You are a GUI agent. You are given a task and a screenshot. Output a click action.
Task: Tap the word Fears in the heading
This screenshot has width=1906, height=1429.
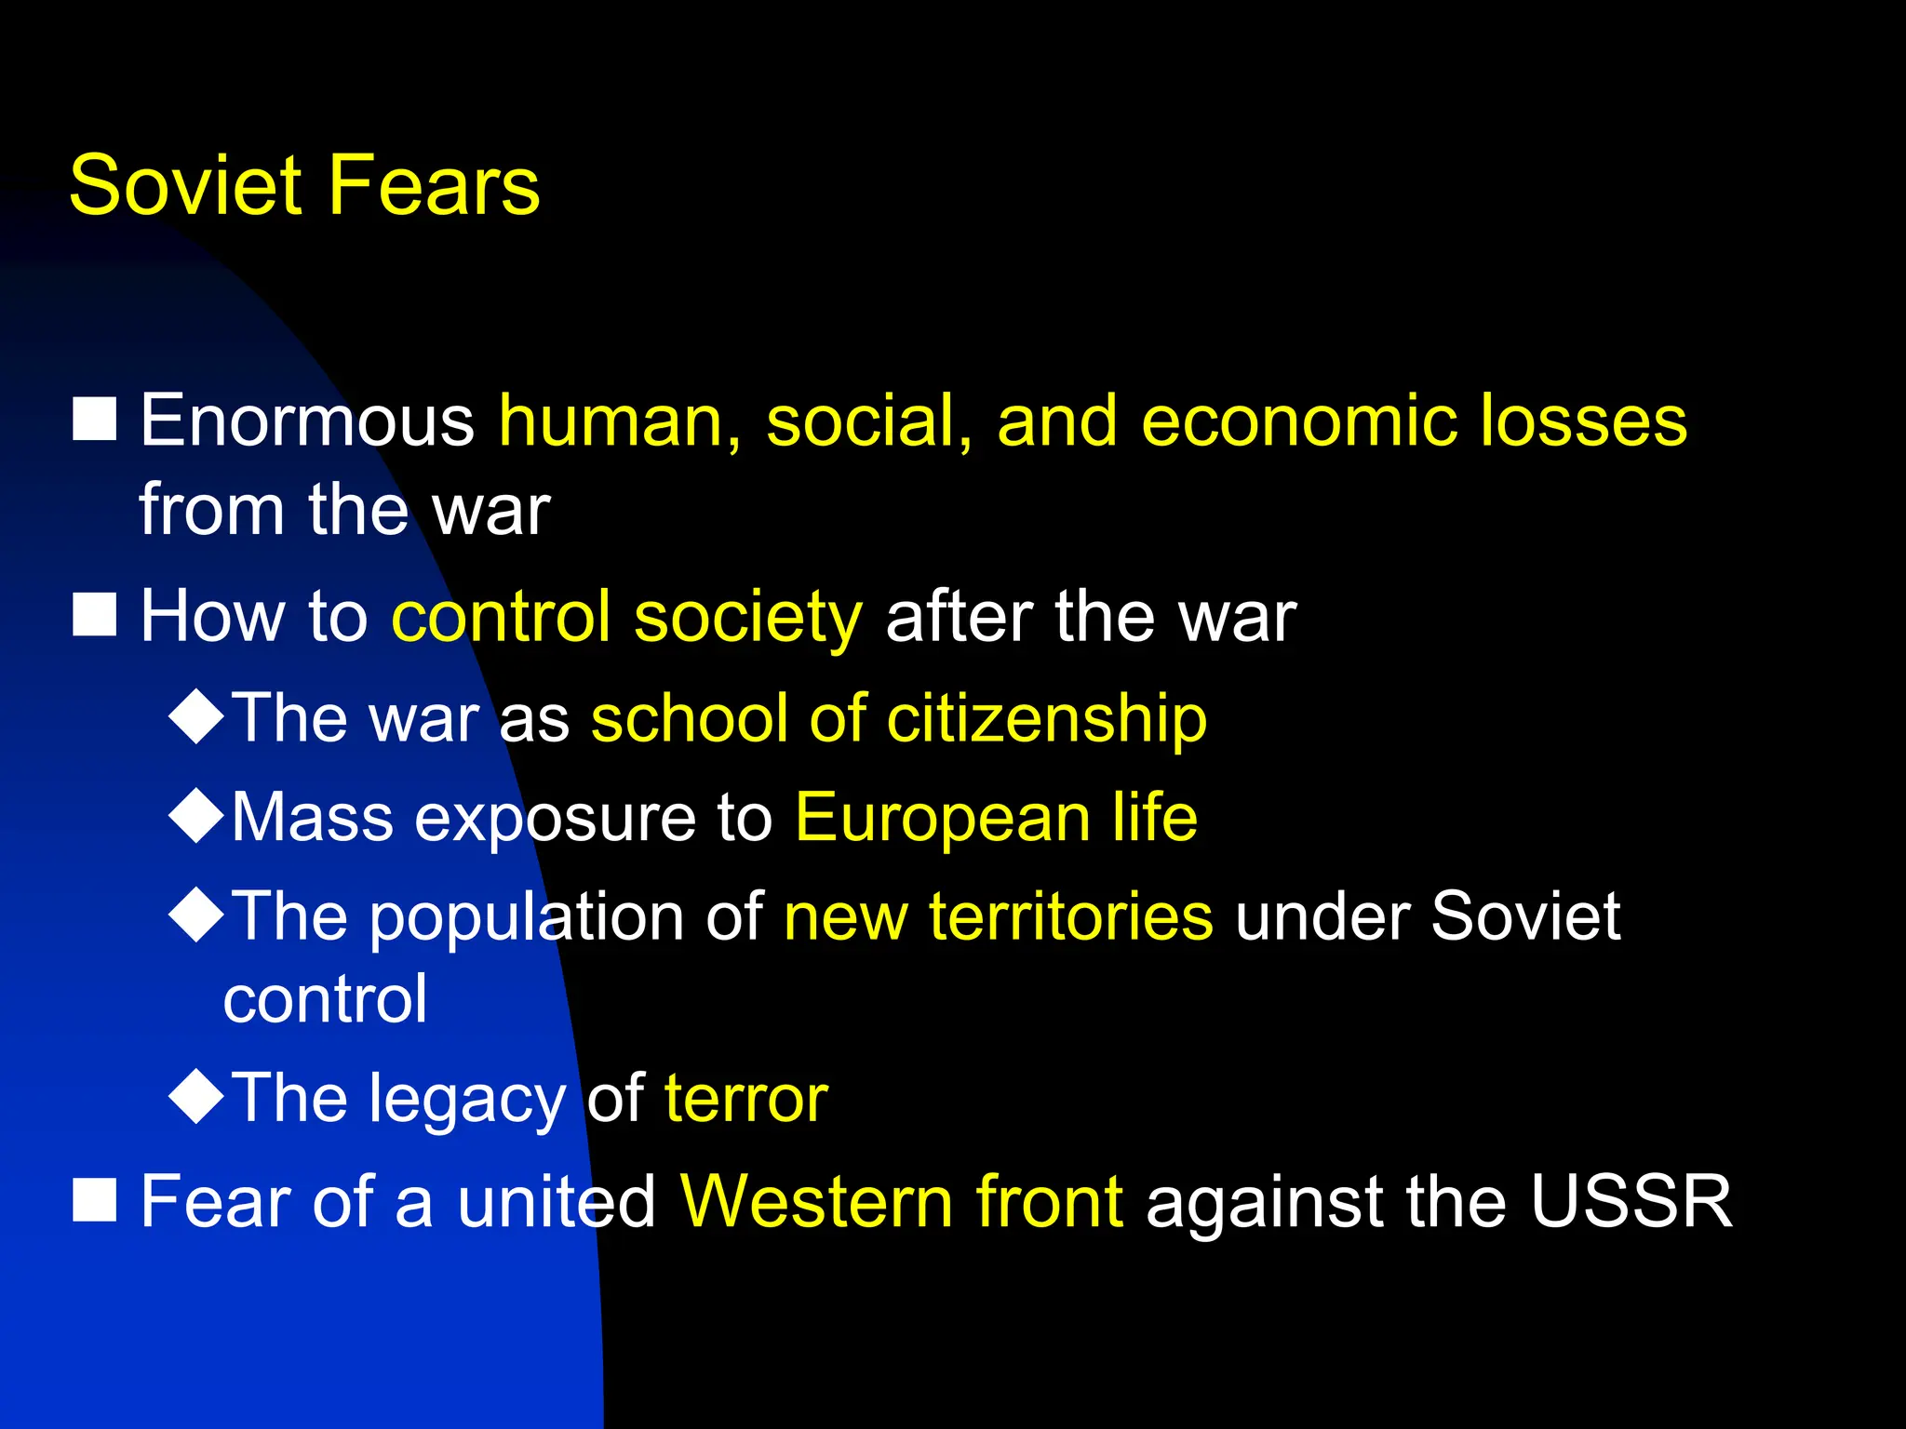point(434,186)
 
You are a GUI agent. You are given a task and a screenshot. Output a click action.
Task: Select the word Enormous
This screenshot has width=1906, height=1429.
point(307,421)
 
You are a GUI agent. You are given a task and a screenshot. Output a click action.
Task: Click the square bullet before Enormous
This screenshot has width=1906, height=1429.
point(95,419)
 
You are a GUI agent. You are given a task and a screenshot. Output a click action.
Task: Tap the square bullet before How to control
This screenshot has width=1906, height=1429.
point(95,615)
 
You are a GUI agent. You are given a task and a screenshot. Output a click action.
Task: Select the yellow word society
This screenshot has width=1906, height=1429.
point(747,619)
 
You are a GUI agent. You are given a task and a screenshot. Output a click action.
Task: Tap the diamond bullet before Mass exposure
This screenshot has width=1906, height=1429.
point(196,815)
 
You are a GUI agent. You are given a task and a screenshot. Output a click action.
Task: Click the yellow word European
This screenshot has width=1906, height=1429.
point(942,819)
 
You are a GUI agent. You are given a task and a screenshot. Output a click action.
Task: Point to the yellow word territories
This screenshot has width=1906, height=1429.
point(1070,916)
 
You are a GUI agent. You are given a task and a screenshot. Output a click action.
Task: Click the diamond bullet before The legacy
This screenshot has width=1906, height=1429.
point(196,1096)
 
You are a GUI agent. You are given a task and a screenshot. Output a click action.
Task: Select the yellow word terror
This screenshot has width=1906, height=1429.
point(745,1099)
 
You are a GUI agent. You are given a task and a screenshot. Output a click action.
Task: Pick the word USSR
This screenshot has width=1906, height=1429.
point(1631,1202)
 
